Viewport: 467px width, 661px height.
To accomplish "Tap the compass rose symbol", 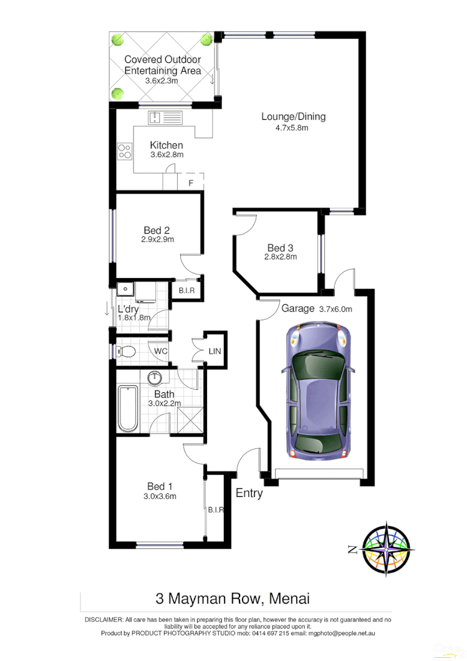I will (x=387, y=549).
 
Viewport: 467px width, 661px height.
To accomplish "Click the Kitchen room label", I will (x=166, y=145).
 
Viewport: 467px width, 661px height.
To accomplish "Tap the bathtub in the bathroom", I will (x=128, y=408).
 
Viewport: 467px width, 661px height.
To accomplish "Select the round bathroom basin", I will (x=155, y=377).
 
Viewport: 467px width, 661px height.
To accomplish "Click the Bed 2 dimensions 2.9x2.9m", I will (x=157, y=239).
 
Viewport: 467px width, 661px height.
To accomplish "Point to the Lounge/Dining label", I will (x=293, y=117).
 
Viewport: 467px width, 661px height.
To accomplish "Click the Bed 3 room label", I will (x=280, y=248).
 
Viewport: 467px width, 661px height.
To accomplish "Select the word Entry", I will (x=249, y=493).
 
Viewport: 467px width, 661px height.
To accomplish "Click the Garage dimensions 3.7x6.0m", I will (x=335, y=309).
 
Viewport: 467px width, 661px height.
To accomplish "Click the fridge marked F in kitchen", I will (x=191, y=182).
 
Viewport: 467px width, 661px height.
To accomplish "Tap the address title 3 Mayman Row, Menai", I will (x=233, y=599).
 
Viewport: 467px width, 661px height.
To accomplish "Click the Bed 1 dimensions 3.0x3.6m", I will (x=160, y=496).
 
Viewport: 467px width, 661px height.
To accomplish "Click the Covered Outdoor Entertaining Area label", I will (x=162, y=65).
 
